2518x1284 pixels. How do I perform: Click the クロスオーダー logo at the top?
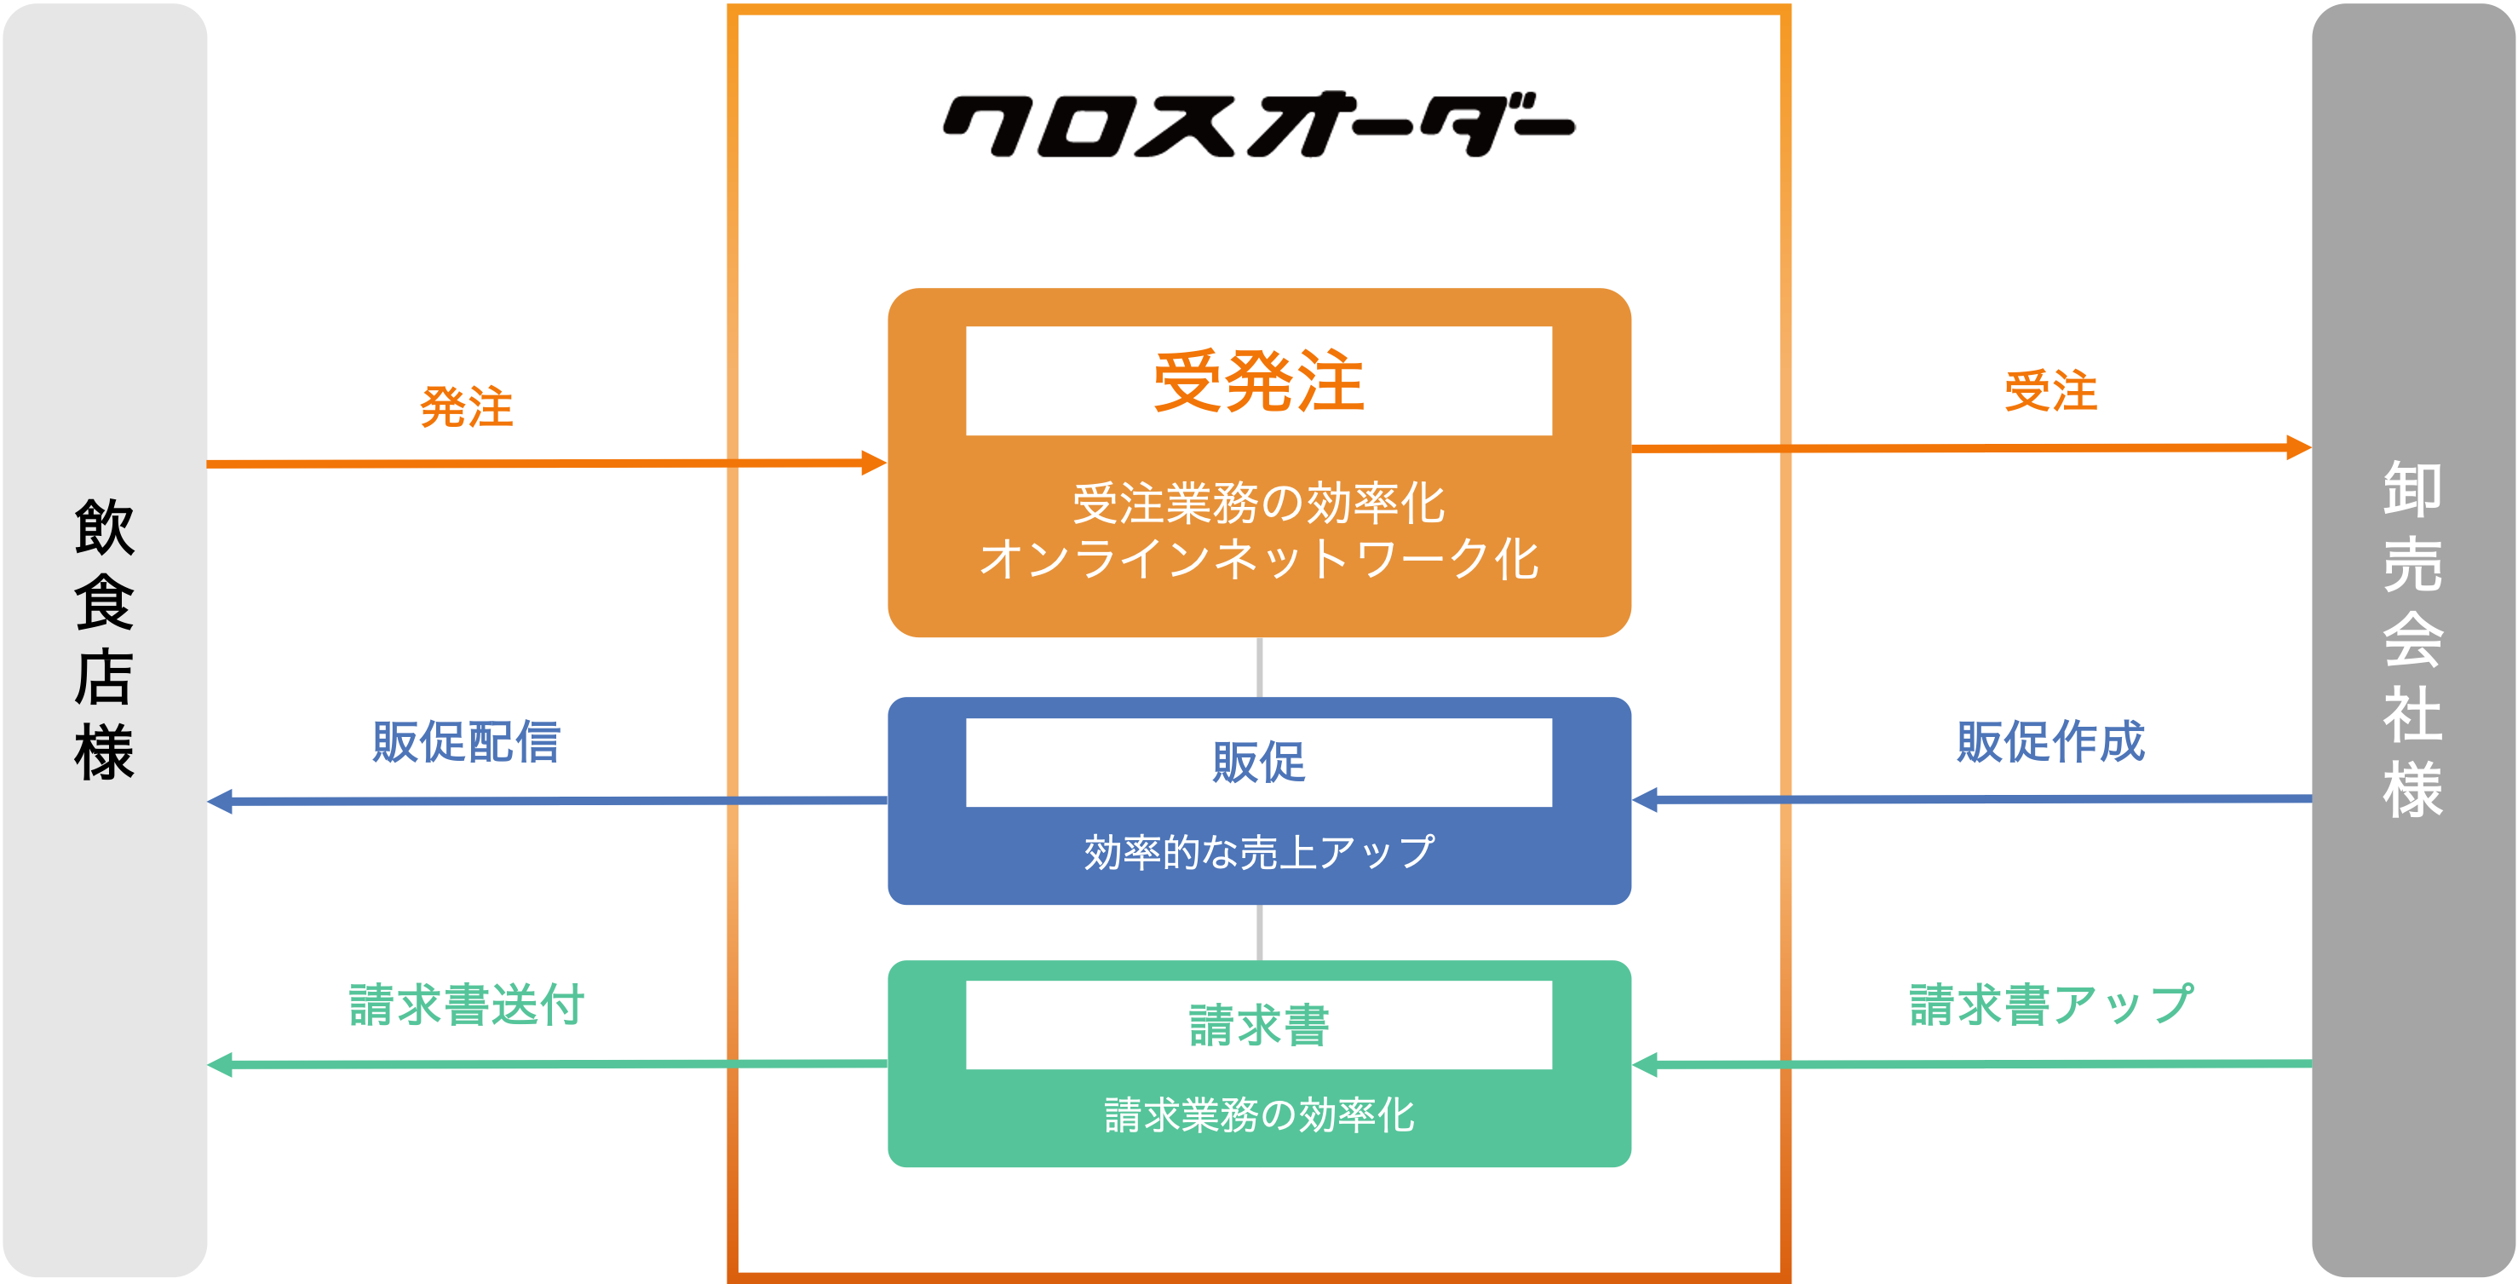1258,125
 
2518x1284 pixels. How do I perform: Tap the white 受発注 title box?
1258,380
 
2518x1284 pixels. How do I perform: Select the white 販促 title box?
1258,762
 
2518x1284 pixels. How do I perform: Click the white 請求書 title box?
1258,1025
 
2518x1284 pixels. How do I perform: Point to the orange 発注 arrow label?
466,406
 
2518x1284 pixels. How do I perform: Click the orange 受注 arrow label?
2049,391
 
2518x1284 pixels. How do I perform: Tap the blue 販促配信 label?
466,741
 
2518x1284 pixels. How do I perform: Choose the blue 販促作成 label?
2049,741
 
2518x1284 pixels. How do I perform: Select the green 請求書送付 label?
466,1005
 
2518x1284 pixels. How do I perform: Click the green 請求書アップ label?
2049,1005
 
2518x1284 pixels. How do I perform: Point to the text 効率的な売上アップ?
1258,852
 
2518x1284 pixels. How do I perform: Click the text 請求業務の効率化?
1258,1114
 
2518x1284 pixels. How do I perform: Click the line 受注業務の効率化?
1258,504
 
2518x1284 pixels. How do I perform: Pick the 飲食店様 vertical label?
104,640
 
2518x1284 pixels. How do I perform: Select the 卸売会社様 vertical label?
2412,640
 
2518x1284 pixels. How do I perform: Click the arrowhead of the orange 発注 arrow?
874,463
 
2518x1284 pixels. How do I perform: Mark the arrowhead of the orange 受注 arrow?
2299,448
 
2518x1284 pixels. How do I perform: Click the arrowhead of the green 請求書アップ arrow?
1645,1064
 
